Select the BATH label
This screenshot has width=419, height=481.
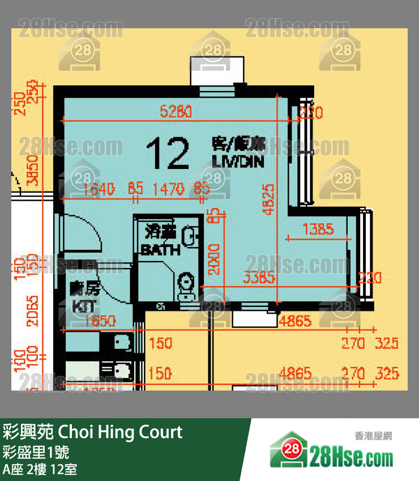point(161,249)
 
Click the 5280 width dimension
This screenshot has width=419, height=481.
point(176,112)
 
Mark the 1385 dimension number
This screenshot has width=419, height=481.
point(318,229)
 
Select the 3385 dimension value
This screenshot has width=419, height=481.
point(259,278)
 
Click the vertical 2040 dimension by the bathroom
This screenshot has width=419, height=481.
point(214,259)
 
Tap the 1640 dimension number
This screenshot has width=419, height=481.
point(99,189)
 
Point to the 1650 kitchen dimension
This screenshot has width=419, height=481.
point(100,321)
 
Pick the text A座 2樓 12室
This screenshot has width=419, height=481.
point(40,469)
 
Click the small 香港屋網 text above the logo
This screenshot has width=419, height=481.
point(373,436)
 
